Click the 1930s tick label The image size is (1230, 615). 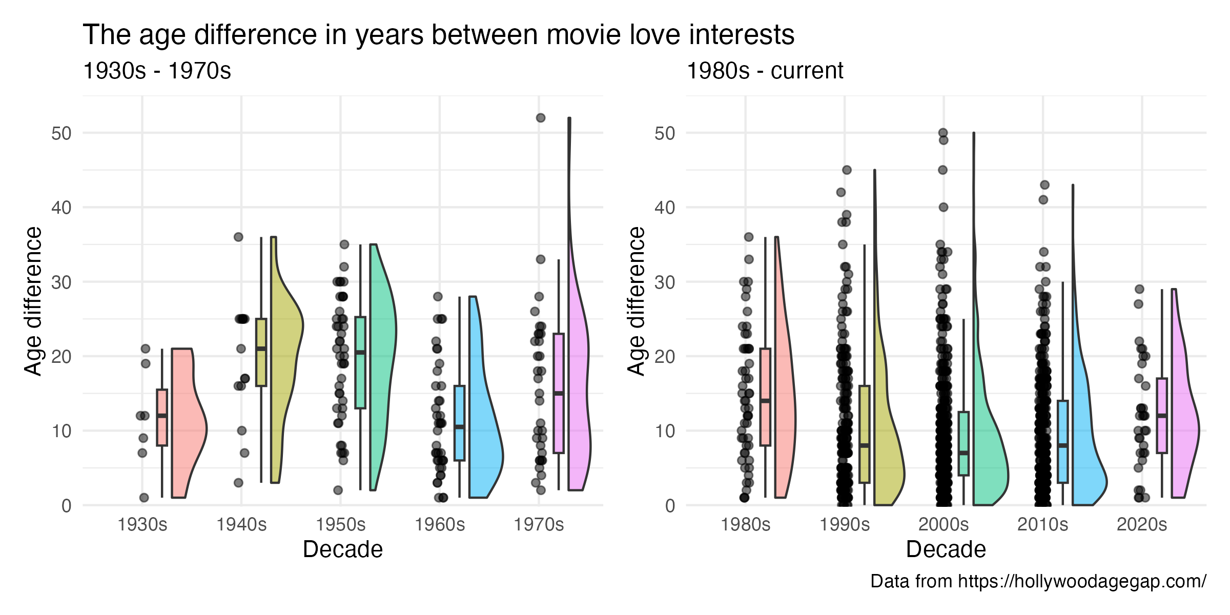(x=142, y=525)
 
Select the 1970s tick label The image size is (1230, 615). (x=539, y=525)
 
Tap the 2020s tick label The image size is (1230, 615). (x=1142, y=525)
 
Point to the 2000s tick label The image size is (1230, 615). (x=944, y=525)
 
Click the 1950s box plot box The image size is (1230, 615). (x=360, y=363)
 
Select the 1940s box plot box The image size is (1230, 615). (x=261, y=352)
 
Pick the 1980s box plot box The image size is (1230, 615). (x=765, y=397)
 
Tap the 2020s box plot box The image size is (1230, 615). (x=1162, y=416)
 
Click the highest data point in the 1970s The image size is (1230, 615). (x=541, y=118)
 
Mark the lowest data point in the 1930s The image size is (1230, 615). (x=144, y=498)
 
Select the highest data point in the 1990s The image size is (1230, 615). (x=847, y=170)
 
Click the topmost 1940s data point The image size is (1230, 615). (x=238, y=237)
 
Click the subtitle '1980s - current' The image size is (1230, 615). (x=765, y=71)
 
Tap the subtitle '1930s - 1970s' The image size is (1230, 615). (x=157, y=71)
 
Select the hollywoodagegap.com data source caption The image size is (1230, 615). (x=1038, y=581)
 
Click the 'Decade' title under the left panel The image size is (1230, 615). (x=343, y=549)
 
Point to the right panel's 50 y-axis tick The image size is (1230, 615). (x=665, y=133)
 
